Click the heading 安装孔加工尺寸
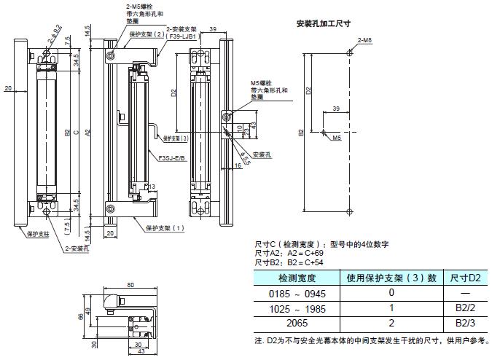[x=324, y=23]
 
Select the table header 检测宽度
[x=296, y=278]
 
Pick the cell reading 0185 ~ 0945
[x=296, y=293]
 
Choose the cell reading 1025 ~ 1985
[x=296, y=308]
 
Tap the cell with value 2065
[x=296, y=322]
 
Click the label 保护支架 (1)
[x=164, y=227]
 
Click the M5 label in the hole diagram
[x=338, y=137]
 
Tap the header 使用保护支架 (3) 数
[x=390, y=278]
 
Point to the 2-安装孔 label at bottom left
[x=77, y=249]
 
